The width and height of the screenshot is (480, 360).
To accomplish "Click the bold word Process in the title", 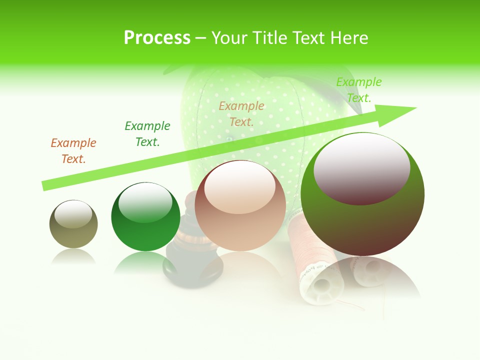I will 157,37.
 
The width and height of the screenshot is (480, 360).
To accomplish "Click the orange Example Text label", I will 73,151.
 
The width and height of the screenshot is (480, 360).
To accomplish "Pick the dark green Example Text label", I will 147,134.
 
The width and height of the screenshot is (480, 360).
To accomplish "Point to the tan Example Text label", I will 241,114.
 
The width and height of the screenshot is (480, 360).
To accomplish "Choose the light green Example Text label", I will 358,90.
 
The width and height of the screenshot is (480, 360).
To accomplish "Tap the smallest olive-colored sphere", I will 73,224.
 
